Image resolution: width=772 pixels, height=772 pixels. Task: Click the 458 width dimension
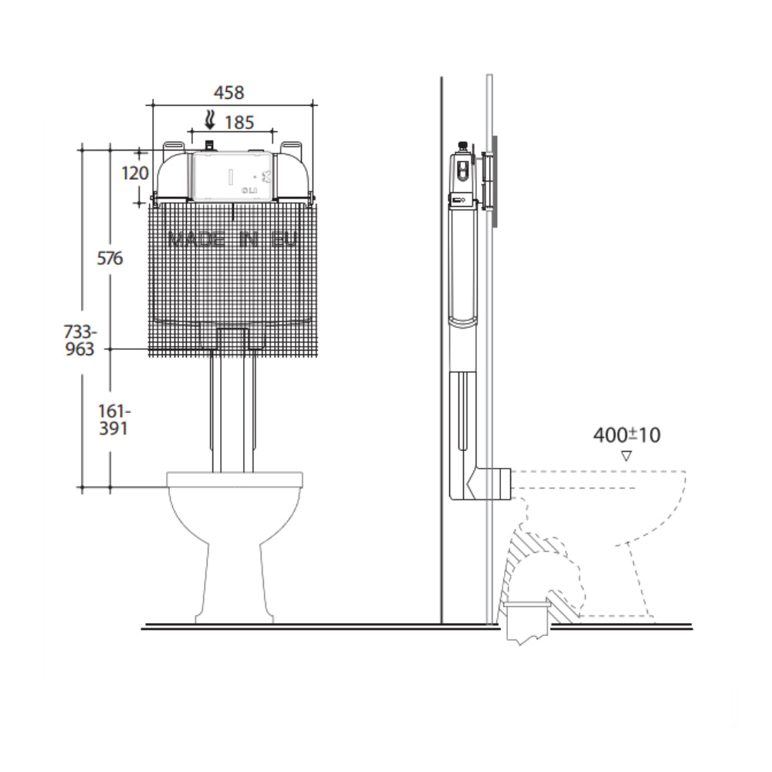click(229, 93)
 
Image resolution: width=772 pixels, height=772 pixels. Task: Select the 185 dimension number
click(239, 121)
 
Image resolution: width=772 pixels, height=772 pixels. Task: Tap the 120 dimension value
click(135, 173)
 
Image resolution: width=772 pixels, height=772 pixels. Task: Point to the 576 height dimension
click(110, 258)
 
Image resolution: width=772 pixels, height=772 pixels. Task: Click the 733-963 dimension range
click(80, 340)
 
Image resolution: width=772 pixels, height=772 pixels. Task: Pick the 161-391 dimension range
click(111, 418)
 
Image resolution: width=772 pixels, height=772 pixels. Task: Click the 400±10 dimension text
click(626, 435)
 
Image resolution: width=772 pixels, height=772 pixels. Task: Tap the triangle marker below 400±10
click(626, 456)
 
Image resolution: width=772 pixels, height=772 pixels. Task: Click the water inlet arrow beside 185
click(208, 120)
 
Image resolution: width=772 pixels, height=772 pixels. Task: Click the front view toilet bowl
click(235, 540)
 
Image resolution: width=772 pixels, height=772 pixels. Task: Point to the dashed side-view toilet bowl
click(618, 540)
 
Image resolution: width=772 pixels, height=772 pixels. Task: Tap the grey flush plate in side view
click(494, 181)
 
